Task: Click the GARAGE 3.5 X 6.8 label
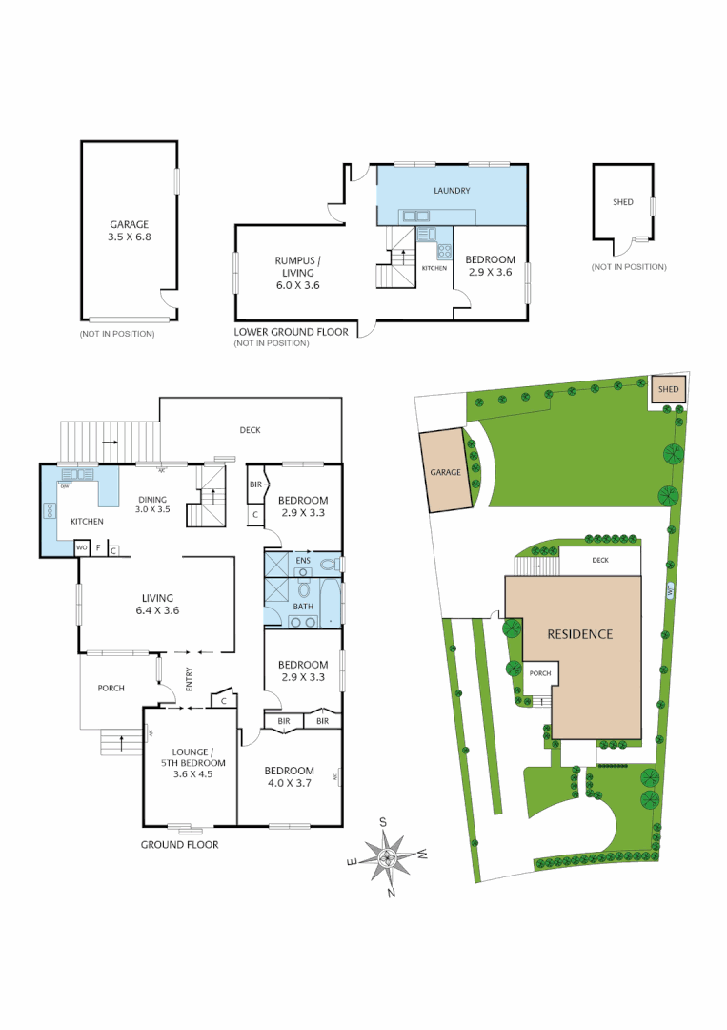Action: (129, 231)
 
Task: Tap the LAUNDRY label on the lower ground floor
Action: (452, 191)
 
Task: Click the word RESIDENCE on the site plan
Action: (579, 634)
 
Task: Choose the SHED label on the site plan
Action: (669, 389)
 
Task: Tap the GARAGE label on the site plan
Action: (445, 472)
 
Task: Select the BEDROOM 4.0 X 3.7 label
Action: (290, 776)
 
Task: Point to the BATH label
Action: (302, 606)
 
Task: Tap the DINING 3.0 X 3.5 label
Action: (152, 504)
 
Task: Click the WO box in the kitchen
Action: (82, 548)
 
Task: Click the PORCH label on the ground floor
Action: (111, 688)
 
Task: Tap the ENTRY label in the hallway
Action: (189, 680)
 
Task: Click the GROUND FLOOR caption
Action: (179, 845)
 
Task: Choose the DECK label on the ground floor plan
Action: (250, 430)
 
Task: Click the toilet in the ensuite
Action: (329, 565)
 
